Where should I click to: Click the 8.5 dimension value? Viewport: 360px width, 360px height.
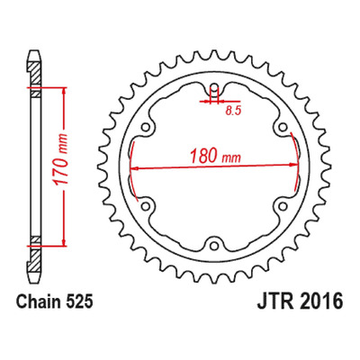[x=233, y=112]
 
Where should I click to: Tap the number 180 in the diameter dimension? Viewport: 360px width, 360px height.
[x=204, y=156]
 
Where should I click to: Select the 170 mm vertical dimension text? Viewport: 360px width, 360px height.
[x=59, y=159]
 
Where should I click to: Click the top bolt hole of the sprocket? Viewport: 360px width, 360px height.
[x=214, y=88]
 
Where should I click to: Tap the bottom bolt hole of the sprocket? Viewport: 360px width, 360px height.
[x=213, y=246]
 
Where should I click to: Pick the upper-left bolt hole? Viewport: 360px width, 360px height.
[x=146, y=128]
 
